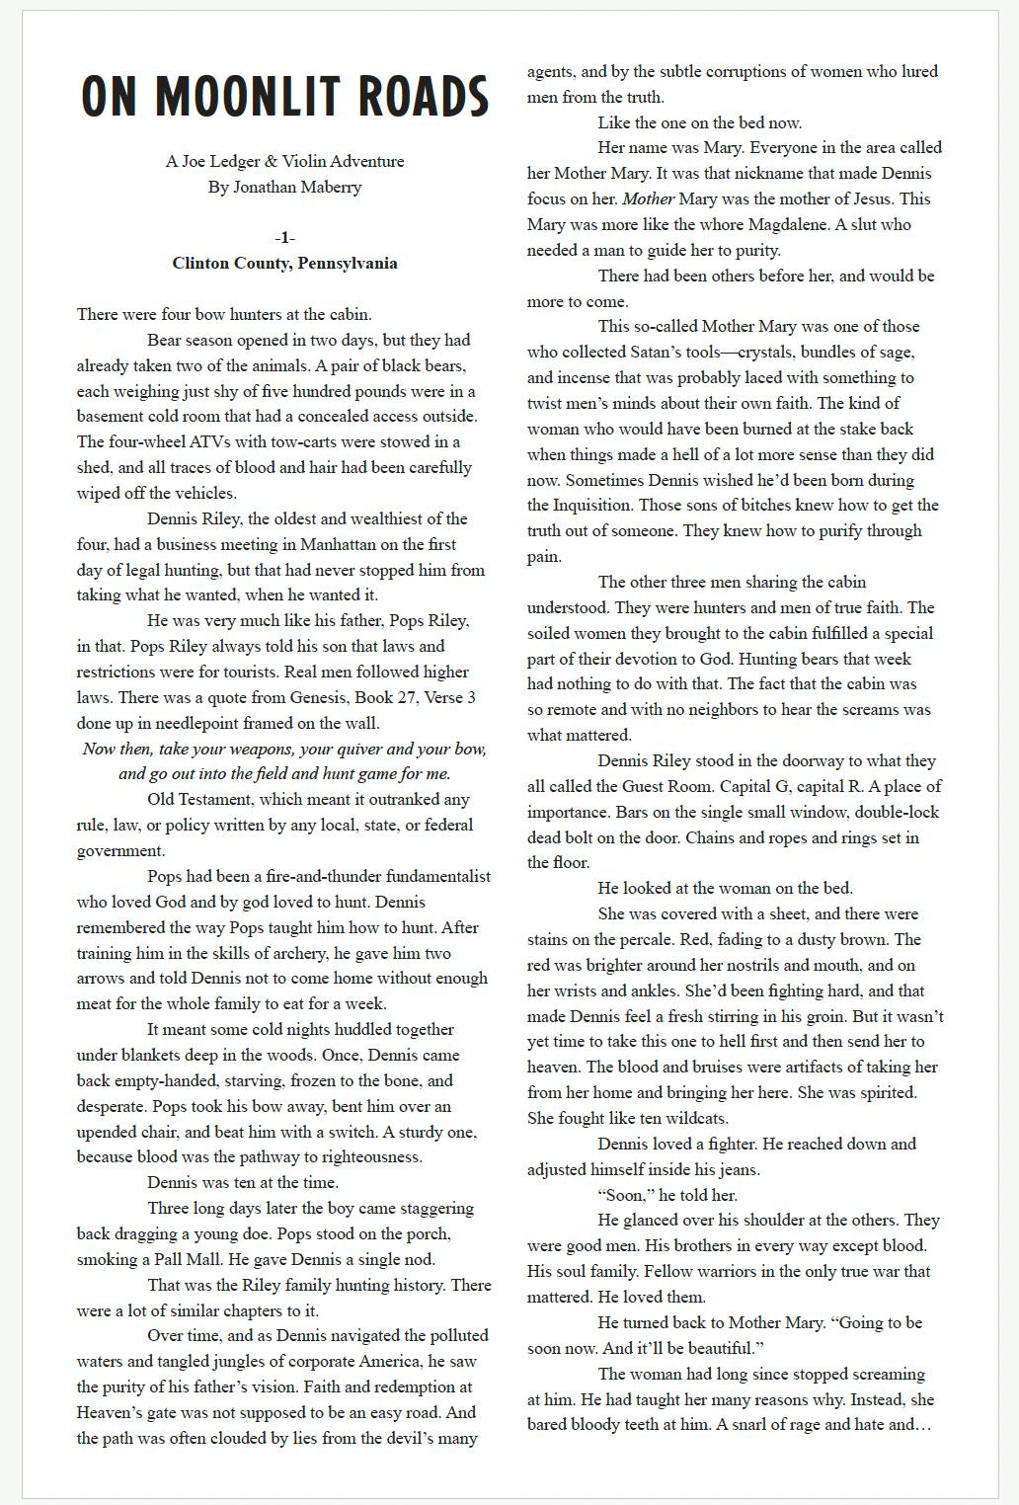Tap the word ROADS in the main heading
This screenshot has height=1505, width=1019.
tap(424, 97)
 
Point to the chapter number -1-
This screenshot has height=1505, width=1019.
tap(284, 238)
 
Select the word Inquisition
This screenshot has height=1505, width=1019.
tap(578, 506)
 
